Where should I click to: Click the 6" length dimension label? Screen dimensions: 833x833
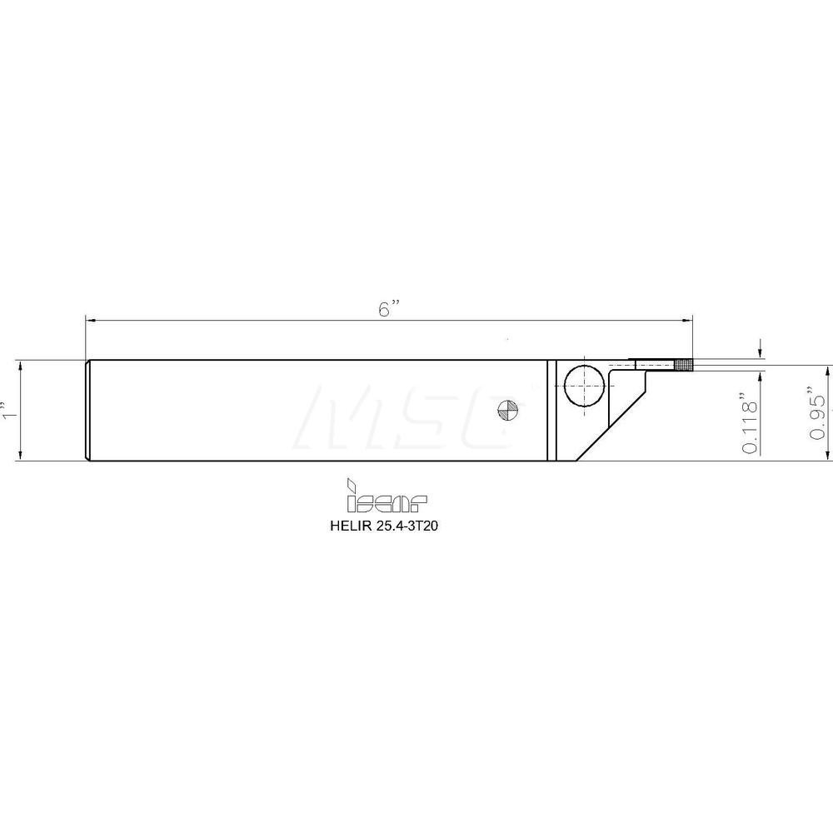click(x=388, y=309)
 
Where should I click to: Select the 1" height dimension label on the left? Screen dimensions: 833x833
click(x=7, y=410)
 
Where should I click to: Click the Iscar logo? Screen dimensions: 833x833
click(x=387, y=495)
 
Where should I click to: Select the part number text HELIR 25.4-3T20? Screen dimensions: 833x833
click(x=384, y=526)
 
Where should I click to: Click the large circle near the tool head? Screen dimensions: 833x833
click(x=584, y=385)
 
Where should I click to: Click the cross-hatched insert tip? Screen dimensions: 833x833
click(x=683, y=365)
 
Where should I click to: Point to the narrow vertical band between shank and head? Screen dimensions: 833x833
click(x=551, y=410)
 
